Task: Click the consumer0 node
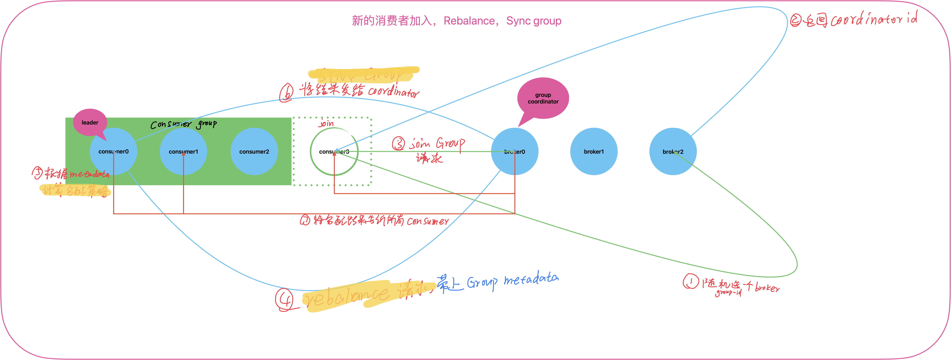click(113, 151)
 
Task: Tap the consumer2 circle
click(254, 151)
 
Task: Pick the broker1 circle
click(594, 151)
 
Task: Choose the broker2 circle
click(673, 151)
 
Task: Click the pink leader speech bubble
click(90, 122)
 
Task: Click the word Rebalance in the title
click(469, 21)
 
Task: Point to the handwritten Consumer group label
click(184, 124)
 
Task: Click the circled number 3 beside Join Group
click(398, 144)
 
